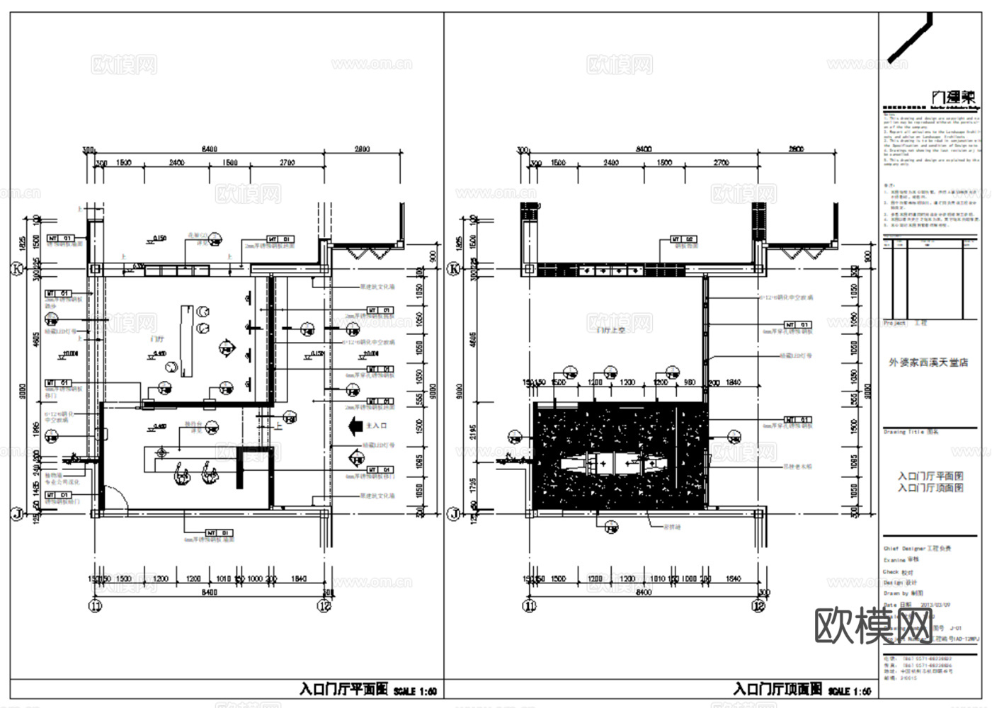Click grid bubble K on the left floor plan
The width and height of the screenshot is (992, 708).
point(16,269)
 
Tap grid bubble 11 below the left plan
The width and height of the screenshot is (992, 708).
point(95,606)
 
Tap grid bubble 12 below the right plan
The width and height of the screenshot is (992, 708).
point(759,606)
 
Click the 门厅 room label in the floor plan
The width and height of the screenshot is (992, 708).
point(158,339)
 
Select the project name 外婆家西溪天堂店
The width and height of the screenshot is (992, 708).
point(928,362)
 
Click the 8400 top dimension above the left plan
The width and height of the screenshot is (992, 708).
point(209,149)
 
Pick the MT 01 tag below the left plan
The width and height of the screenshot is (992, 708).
point(219,532)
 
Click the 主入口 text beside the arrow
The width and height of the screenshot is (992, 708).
point(377,426)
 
